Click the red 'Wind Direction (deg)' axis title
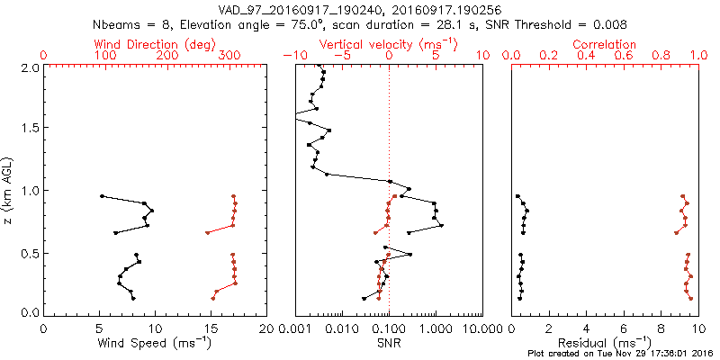(x=155, y=43)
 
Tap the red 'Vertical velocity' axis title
(x=388, y=43)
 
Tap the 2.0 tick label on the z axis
(x=30, y=67)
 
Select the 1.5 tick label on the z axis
(x=30, y=129)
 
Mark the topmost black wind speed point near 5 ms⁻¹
(x=102, y=195)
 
